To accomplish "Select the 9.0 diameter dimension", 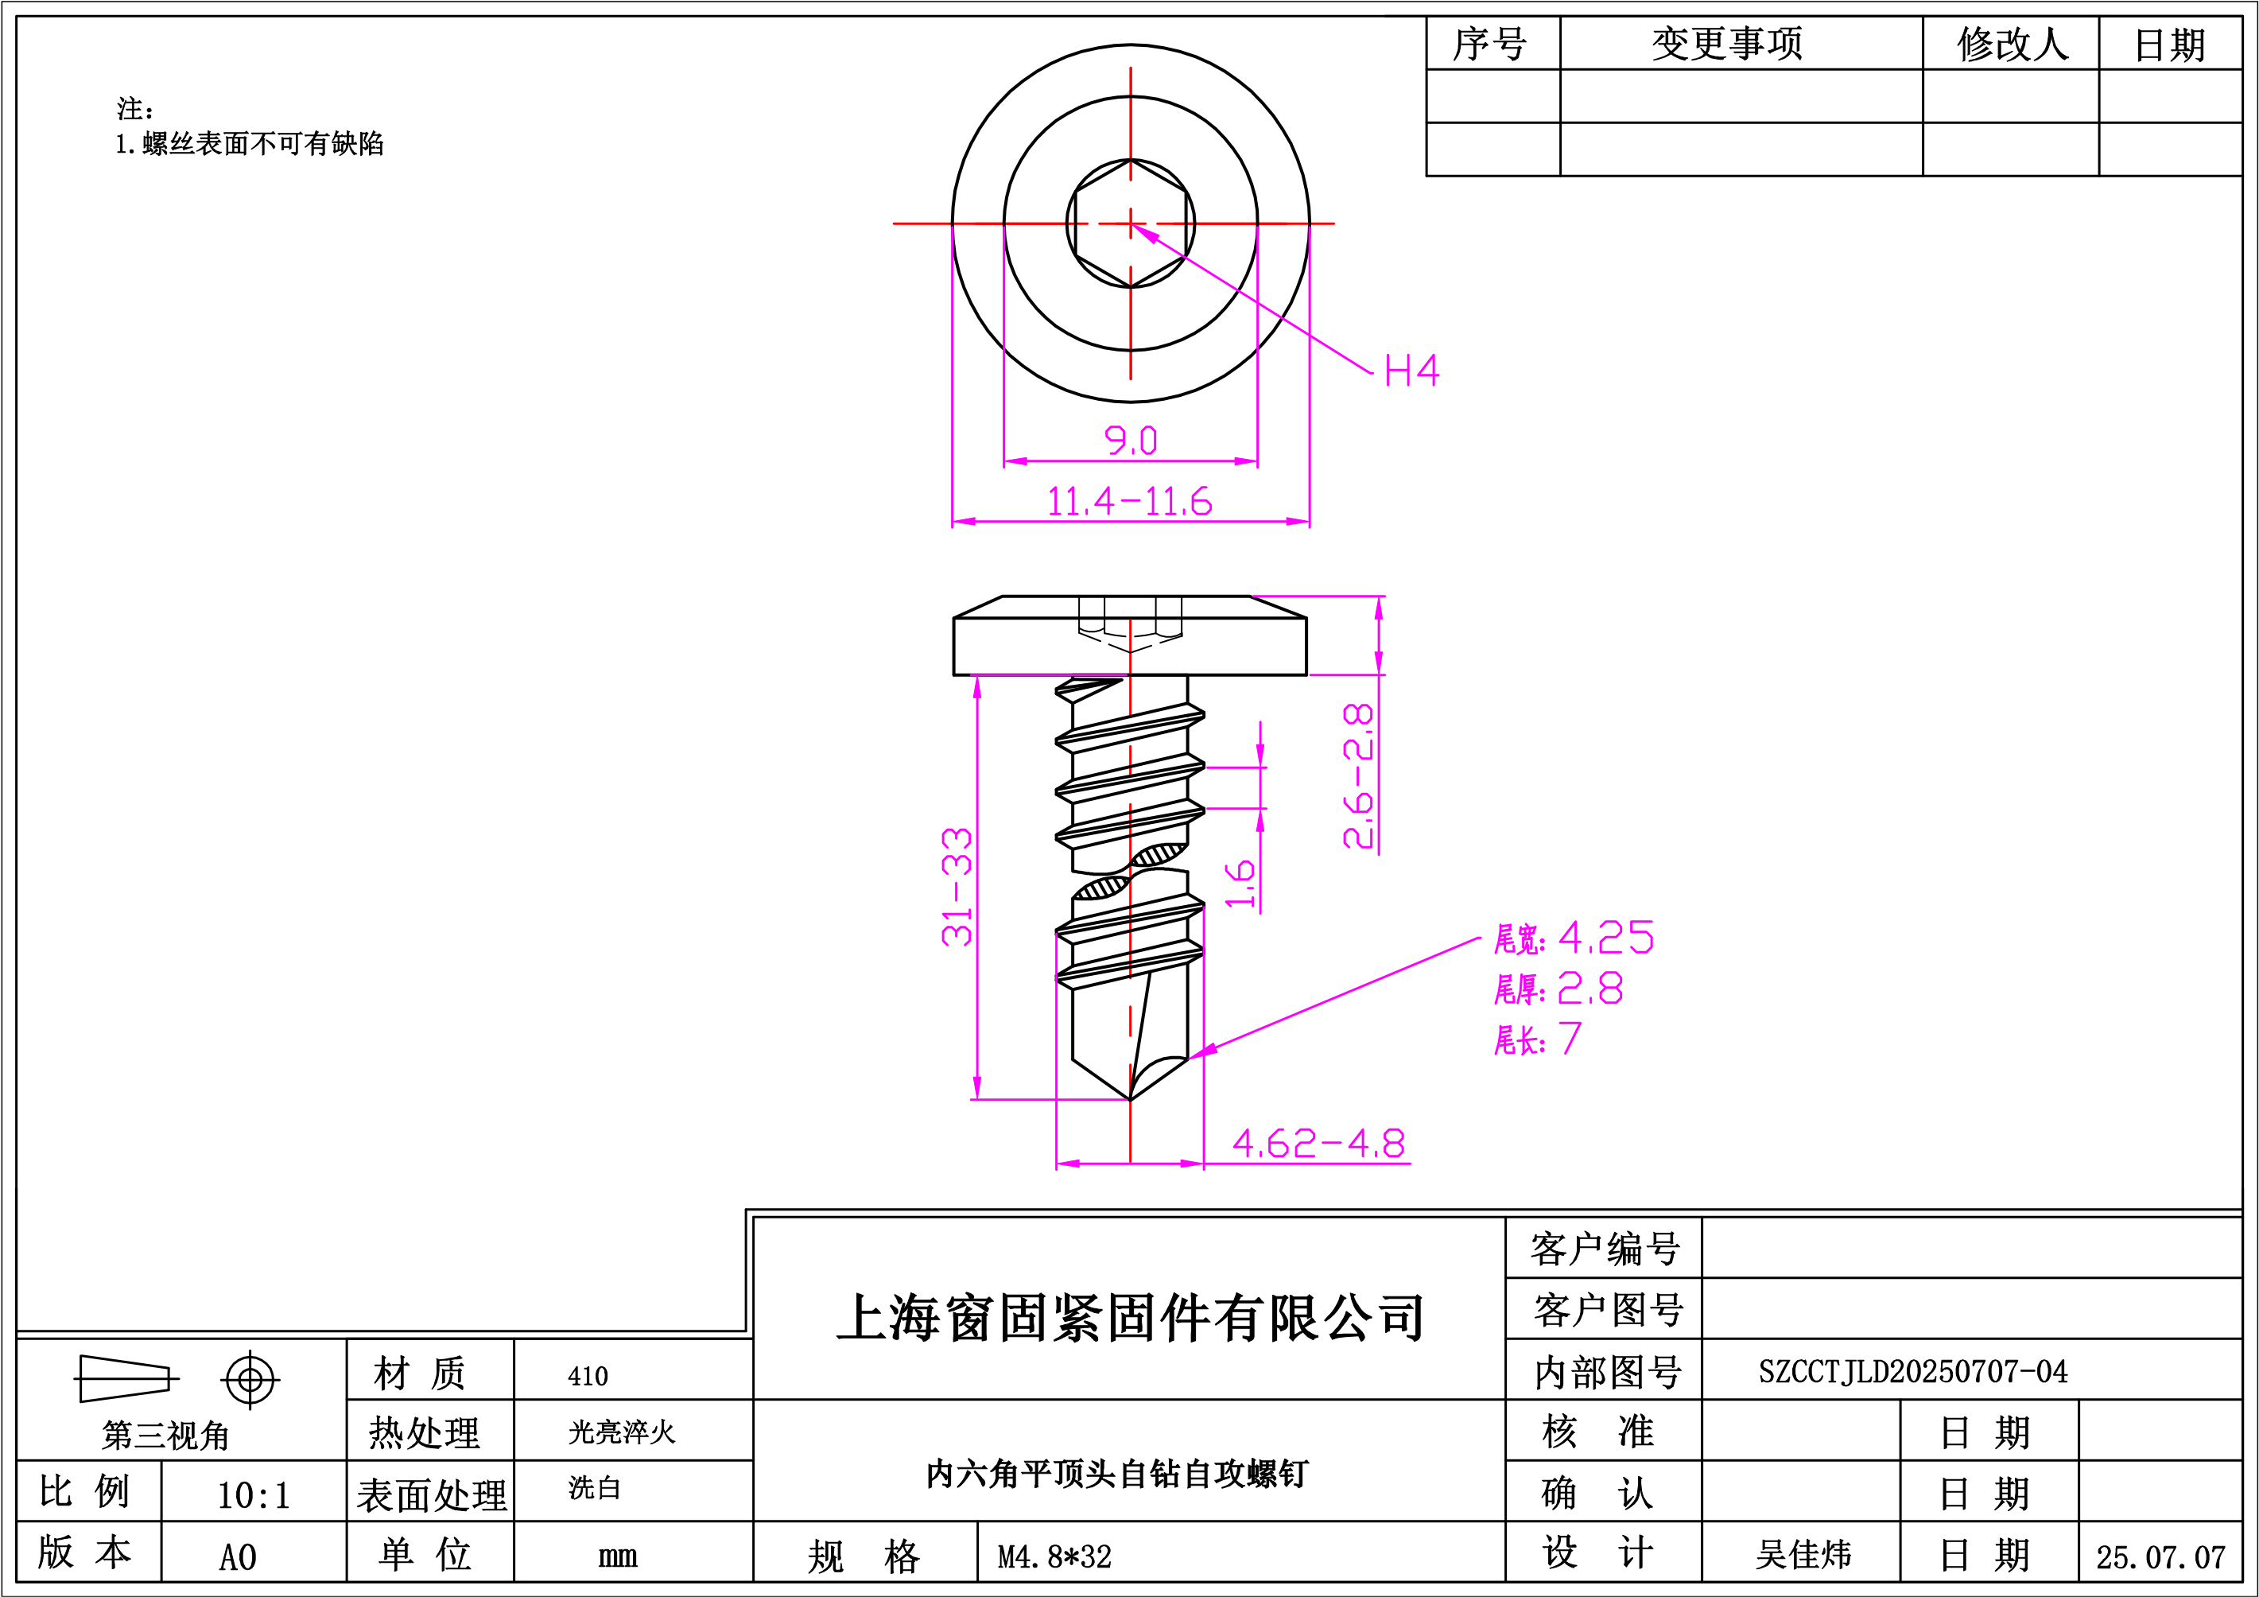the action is pos(1131,440).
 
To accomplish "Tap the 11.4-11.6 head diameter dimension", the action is pos(1129,501).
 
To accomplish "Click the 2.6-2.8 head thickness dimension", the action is pos(1359,775).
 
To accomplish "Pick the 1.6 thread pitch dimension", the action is pos(1240,884).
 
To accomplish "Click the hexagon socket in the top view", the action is pos(1131,223).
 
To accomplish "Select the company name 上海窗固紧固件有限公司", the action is pos(1129,1318).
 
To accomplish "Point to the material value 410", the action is pos(588,1376).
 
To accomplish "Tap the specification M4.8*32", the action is pos(1054,1556).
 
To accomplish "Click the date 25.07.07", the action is pos(2160,1556).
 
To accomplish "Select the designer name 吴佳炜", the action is pos(1803,1555).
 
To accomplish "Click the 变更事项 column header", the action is pos(1728,43).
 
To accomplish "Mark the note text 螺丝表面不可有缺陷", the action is pos(262,144).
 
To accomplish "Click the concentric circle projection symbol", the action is pos(250,1380).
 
